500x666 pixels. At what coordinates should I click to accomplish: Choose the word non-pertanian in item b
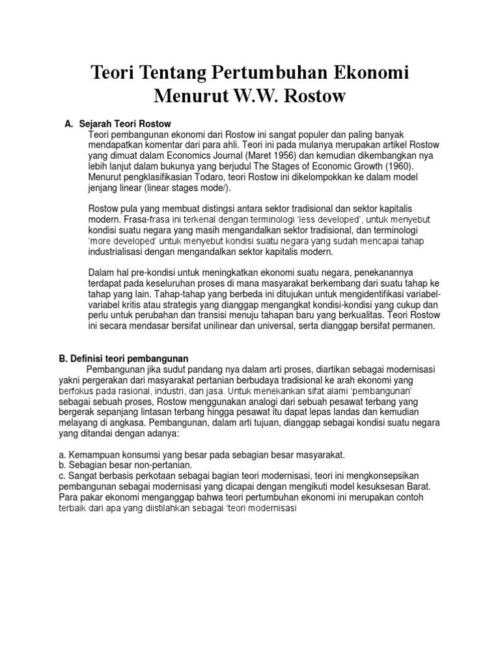[141, 464]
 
